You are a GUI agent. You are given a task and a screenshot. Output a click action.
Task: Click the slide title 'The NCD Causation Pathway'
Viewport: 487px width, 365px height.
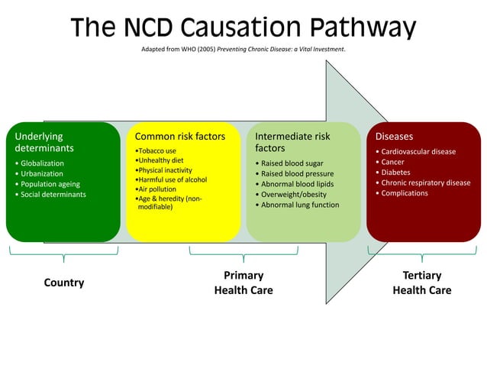(243, 27)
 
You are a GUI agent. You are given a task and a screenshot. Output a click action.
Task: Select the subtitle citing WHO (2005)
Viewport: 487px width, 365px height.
(243, 50)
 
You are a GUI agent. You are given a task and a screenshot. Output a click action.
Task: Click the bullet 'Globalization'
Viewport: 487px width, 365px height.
(42, 163)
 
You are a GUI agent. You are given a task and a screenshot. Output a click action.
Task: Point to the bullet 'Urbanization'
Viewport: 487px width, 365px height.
(42, 174)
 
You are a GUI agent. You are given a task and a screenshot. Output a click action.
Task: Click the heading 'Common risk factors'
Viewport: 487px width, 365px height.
(180, 137)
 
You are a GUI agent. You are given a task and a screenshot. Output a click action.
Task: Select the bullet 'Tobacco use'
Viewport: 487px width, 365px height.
(156, 150)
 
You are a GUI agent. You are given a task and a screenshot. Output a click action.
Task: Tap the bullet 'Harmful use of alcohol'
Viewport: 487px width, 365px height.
(172, 179)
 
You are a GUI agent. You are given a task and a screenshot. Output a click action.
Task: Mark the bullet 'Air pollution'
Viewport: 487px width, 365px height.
(156, 189)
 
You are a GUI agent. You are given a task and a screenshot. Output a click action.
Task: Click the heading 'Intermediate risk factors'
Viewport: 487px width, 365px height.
(292, 142)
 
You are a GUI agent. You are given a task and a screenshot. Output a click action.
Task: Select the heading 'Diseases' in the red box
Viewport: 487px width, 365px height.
(394, 137)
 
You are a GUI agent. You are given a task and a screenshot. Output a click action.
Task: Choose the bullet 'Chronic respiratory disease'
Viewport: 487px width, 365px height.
(426, 182)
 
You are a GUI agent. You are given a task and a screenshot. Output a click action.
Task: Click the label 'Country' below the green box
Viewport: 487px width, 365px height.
(64, 283)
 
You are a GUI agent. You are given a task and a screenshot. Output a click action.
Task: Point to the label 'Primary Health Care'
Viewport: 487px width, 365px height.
(243, 283)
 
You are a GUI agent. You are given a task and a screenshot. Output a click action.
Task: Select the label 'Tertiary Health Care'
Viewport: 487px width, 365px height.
(421, 283)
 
